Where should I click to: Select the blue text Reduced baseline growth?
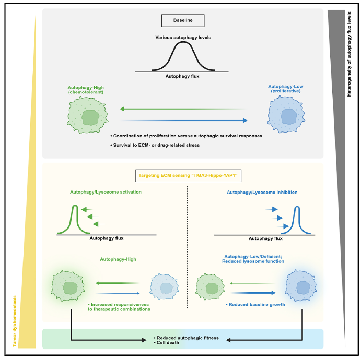(x=256, y=304)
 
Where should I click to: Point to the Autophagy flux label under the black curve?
(x=182, y=76)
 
